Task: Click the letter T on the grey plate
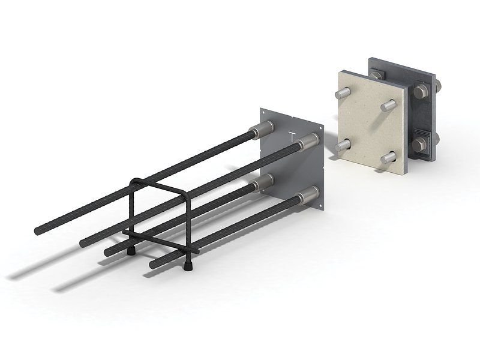coord(292,136)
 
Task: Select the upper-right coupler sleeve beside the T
coord(308,142)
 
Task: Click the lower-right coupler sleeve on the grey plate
coord(308,194)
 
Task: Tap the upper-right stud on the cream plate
coord(388,106)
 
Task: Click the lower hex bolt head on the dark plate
coord(420,145)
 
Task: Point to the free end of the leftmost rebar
coord(38,230)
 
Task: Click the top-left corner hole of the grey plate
coord(262,112)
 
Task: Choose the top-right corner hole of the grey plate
coord(322,127)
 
